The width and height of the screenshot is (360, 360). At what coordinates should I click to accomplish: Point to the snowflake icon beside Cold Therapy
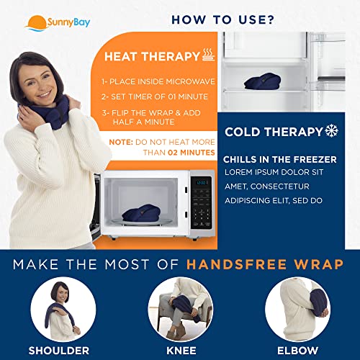(332, 132)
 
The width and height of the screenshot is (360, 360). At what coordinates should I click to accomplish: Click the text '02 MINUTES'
(190, 152)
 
